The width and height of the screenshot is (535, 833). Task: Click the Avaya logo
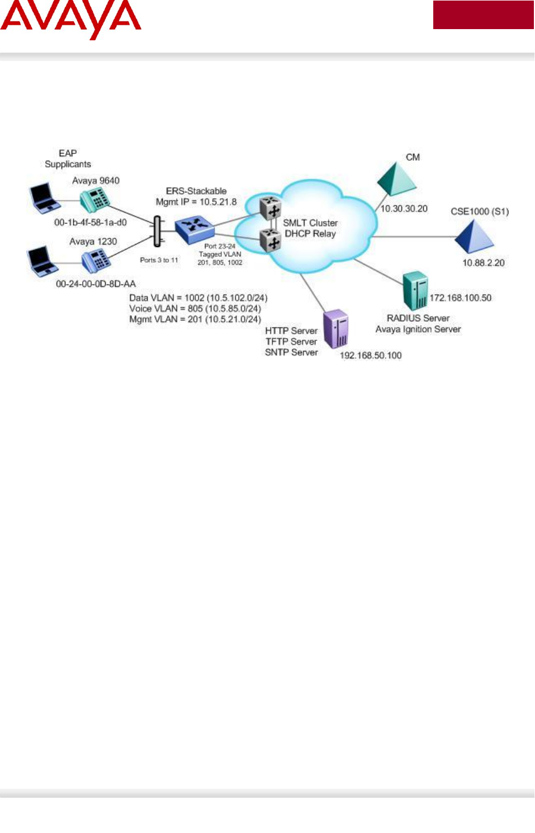pyautogui.click(x=70, y=20)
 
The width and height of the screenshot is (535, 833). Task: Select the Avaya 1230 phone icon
pyautogui.click(x=96, y=260)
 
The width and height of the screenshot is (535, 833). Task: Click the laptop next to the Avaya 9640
pyautogui.click(x=44, y=198)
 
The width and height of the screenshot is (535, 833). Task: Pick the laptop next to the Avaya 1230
pyautogui.click(x=42, y=261)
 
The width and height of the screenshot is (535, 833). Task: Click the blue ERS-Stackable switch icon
pyautogui.click(x=194, y=228)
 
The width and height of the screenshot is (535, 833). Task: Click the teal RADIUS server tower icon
pyautogui.click(x=415, y=291)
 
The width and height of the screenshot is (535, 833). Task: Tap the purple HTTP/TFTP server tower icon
pyautogui.click(x=336, y=329)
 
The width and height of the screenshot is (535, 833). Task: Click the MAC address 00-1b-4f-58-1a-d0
pyautogui.click(x=91, y=222)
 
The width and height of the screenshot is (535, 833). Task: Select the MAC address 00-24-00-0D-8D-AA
pyautogui.click(x=96, y=284)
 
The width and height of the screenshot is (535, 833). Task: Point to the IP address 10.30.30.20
pyautogui.click(x=404, y=209)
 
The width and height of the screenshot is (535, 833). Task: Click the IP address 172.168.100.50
pyautogui.click(x=460, y=298)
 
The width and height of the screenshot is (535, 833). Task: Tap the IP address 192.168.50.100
pyautogui.click(x=371, y=355)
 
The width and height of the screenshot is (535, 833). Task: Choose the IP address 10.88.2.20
pyautogui.click(x=483, y=263)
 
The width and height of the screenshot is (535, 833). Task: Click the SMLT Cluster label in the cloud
pyautogui.click(x=310, y=223)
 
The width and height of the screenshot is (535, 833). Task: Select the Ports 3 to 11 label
pyautogui.click(x=159, y=260)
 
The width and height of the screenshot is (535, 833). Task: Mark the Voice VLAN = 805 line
pyautogui.click(x=195, y=308)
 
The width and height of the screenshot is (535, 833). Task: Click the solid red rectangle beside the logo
pyautogui.click(x=483, y=15)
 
